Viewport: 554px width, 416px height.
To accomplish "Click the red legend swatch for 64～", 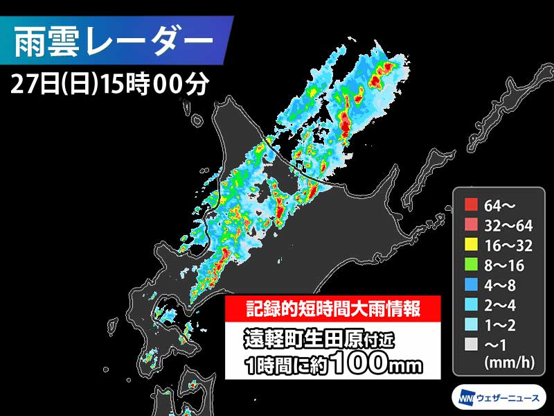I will pyautogui.click(x=472, y=205).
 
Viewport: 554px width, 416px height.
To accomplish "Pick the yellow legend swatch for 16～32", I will pyautogui.click(x=472, y=244).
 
